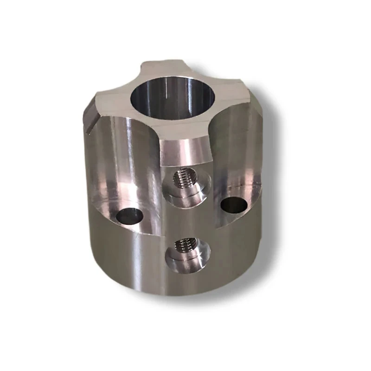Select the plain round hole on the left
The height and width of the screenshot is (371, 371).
click(x=129, y=216)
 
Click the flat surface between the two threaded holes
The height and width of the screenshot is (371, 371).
click(x=185, y=218)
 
